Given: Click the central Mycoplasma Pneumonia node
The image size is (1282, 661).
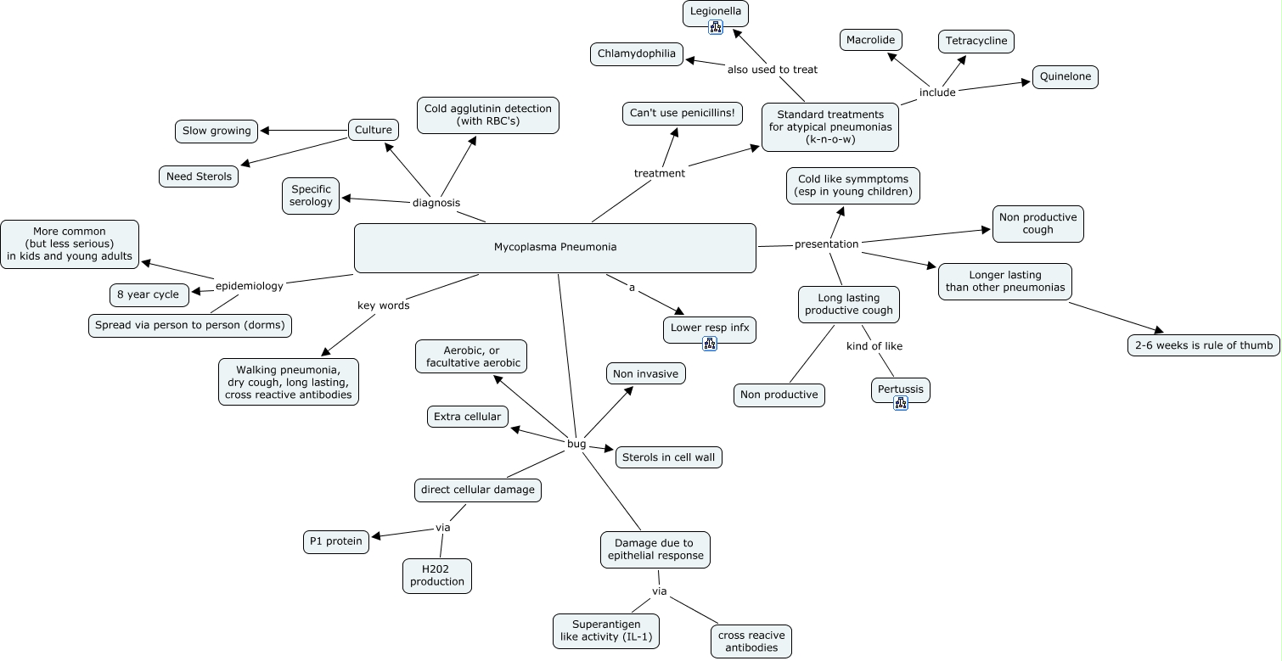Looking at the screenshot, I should (x=554, y=248).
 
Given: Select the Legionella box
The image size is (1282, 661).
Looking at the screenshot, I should (x=716, y=11).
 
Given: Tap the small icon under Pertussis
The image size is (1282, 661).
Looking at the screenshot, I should (x=901, y=403).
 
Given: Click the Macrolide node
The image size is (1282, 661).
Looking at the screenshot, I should (x=872, y=40).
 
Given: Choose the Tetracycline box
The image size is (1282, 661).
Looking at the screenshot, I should (x=976, y=41).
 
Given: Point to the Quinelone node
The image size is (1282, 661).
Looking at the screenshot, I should (x=1066, y=77).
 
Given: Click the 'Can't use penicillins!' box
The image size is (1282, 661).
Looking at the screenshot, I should (x=682, y=114).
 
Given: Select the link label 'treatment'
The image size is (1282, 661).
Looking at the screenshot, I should (x=659, y=173).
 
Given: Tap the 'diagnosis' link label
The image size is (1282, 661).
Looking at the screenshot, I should (x=436, y=203).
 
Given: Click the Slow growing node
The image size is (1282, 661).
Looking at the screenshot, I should (x=216, y=131).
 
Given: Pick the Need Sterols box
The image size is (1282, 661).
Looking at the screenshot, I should (x=199, y=176).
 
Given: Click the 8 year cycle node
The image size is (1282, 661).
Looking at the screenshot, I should (x=149, y=294).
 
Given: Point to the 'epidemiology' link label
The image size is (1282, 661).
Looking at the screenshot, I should (x=250, y=286).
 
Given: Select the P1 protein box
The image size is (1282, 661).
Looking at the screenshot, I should (x=336, y=541).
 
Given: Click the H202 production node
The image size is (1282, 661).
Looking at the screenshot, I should (x=437, y=575).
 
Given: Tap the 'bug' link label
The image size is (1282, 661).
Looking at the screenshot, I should (x=576, y=444).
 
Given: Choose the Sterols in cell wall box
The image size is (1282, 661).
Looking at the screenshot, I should (x=669, y=457).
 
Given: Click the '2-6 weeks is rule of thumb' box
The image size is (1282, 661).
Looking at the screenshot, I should (x=1203, y=345).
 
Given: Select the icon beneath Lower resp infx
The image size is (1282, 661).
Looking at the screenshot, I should (x=710, y=344).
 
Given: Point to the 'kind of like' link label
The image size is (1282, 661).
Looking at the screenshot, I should (x=874, y=346).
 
